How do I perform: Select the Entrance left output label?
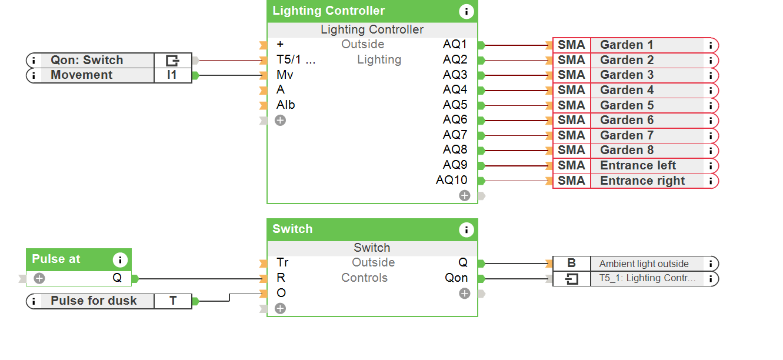tap(638, 165)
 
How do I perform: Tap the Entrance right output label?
tap(642, 181)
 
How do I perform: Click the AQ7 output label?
tap(455, 135)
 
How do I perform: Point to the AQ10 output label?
tap(451, 181)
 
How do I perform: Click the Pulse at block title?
tap(56, 259)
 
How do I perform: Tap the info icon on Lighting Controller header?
tap(466, 11)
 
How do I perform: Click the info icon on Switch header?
tap(466, 229)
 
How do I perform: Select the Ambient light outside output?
tap(644, 264)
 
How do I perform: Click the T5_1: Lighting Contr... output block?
tap(647, 278)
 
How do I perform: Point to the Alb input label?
tap(285, 105)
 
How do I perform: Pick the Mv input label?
tap(285, 75)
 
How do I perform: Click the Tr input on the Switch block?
tap(282, 263)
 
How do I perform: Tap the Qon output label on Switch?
tap(456, 278)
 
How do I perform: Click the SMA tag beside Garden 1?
tap(571, 45)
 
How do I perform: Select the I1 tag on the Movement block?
tap(172, 75)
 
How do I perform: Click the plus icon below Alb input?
tap(280, 121)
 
